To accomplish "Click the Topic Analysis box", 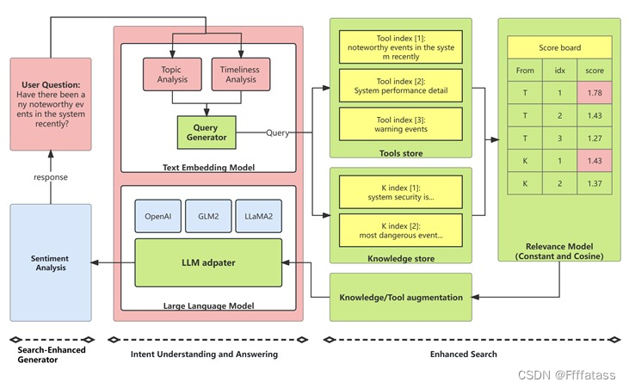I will [171, 74].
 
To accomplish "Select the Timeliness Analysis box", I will [240, 74].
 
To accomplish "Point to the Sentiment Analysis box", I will [50, 262].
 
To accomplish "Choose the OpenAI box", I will [158, 216].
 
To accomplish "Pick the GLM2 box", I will [207, 216].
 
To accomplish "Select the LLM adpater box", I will [207, 263].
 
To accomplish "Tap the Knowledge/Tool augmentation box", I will [401, 297].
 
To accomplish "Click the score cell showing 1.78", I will [594, 92].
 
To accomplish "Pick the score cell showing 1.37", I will [594, 183].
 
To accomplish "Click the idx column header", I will [559, 70].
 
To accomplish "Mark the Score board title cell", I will [559, 47].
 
